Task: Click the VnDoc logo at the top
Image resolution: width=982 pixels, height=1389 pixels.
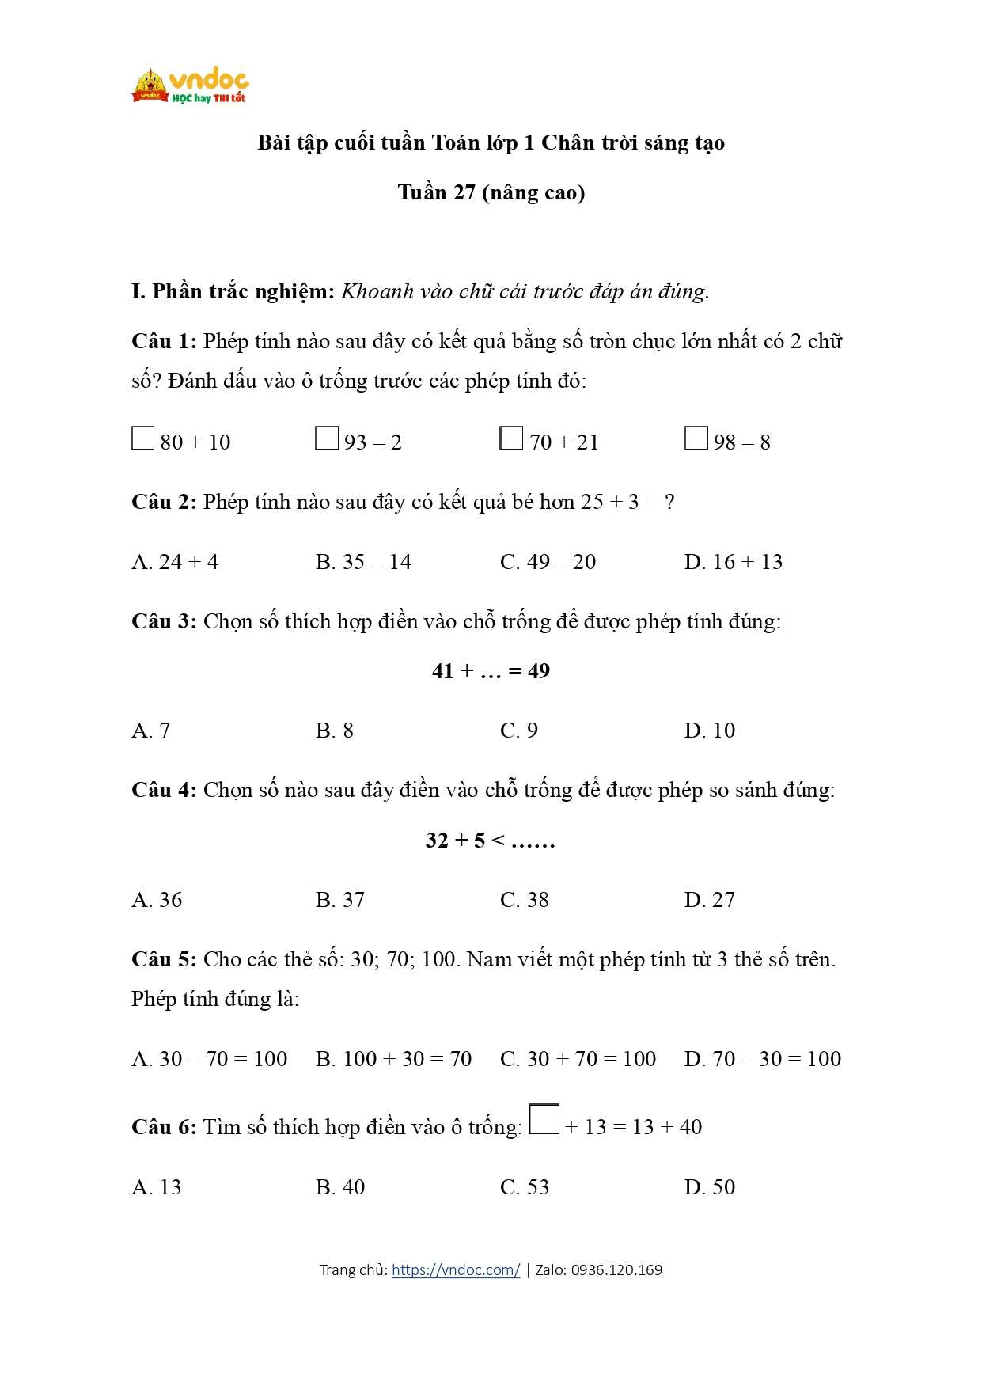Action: point(190,85)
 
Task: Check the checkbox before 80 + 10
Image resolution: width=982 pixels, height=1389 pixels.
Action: point(142,438)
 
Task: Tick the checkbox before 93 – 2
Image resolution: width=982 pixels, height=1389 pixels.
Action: point(326,438)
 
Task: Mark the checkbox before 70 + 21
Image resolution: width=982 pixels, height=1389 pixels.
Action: point(511,438)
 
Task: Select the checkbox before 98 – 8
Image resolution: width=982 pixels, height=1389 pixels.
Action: point(696,438)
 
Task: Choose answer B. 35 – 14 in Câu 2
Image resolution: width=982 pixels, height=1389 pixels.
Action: point(363,562)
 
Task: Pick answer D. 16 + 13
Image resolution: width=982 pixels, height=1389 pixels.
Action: point(733,562)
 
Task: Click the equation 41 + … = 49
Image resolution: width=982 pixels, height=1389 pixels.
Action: point(491,671)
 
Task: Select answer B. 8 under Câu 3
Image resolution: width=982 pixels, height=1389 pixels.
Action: point(334,731)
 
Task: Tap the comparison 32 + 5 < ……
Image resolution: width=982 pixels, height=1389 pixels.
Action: point(491,840)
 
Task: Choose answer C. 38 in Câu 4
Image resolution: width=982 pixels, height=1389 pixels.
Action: point(524,900)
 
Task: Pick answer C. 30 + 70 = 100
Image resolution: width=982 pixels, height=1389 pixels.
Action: point(578,1059)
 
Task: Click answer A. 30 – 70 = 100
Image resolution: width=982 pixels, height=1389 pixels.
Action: point(209,1059)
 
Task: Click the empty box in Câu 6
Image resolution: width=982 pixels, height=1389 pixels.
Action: point(544,1119)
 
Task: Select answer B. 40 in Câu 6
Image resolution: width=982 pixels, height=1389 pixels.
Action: point(339,1187)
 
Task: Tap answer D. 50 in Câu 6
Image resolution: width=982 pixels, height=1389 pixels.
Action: point(709,1187)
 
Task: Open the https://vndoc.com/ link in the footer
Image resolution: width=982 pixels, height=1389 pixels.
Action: point(456,1270)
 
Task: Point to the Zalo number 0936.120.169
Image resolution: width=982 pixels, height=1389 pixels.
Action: point(616,1270)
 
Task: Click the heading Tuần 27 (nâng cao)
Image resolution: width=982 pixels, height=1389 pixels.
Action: point(491,192)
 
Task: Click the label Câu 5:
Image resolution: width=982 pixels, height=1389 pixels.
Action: point(164,959)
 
